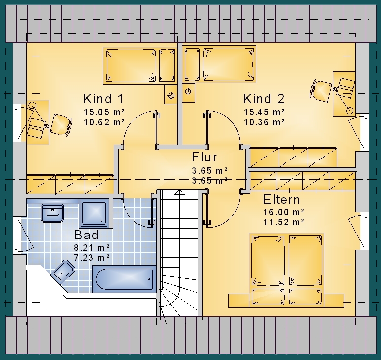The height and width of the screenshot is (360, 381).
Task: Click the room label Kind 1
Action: [104, 99]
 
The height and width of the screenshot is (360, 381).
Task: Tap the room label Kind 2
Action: [264, 99]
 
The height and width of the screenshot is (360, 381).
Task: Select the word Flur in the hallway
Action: [204, 157]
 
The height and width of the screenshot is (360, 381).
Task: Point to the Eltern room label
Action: [282, 200]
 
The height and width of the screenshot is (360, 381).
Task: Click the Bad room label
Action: [86, 235]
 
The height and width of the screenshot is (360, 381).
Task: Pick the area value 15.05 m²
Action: [104, 112]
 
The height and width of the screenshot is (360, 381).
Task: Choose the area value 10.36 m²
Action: [264, 122]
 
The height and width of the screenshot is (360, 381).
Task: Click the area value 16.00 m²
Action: [284, 212]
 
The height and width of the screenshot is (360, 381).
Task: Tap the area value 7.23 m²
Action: [92, 257]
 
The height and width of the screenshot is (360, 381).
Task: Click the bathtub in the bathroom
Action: [124, 279]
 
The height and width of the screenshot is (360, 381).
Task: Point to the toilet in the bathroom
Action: [63, 272]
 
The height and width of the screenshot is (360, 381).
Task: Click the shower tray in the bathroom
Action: [94, 213]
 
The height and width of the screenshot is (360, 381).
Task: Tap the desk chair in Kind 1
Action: [61, 125]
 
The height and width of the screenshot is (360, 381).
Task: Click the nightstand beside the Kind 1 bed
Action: [171, 94]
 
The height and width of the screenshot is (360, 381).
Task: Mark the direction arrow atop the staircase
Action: [179, 192]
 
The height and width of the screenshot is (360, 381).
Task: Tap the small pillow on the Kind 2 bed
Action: [192, 64]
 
